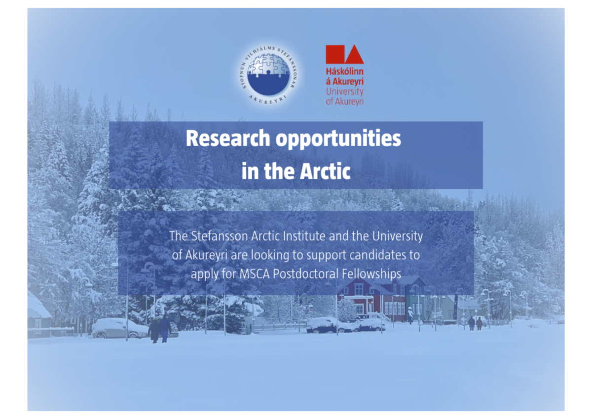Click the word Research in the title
coord(228,138)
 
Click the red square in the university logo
coord(335,54)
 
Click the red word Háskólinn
coord(345,71)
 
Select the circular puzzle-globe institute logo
coord(268,76)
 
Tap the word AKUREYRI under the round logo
coord(268,100)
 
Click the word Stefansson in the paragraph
coord(220,236)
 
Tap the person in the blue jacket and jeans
coord(165,329)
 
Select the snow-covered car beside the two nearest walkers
coord(119,328)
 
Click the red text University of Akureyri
coord(345,97)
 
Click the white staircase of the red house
coord(379,317)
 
